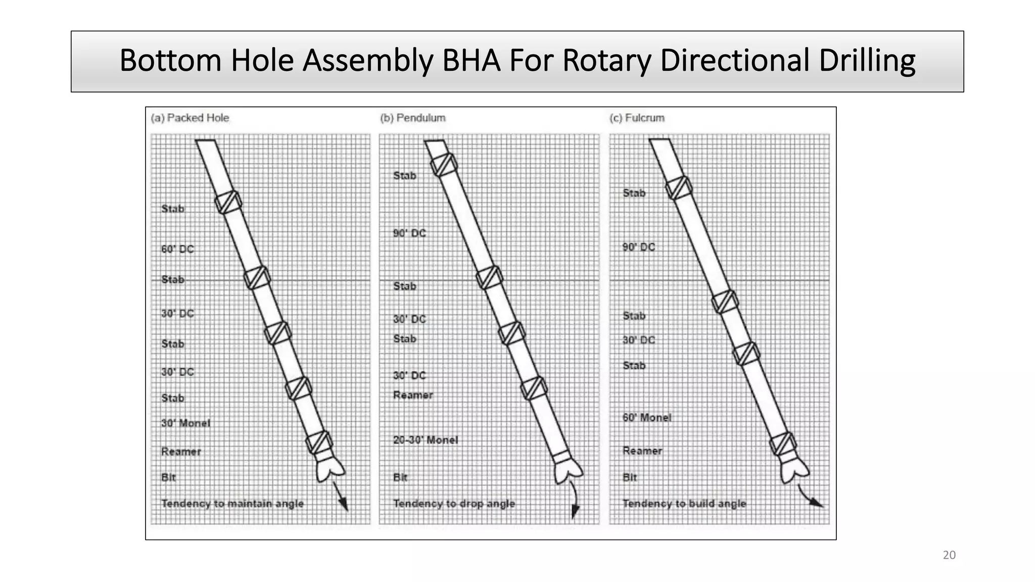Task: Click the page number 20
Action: click(949, 555)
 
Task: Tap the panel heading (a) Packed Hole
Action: click(190, 118)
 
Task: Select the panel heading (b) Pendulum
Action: click(413, 118)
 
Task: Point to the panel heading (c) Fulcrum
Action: click(637, 118)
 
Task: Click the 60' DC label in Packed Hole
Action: click(177, 249)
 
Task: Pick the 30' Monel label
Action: click(185, 423)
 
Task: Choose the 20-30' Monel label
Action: click(426, 440)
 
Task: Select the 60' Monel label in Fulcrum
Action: click(647, 418)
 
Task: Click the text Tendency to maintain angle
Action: click(232, 504)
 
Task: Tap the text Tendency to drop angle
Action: click(454, 504)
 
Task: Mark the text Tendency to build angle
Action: click(684, 504)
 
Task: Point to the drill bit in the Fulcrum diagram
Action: click(794, 470)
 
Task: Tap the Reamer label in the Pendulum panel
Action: click(413, 395)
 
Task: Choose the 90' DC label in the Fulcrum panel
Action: click(639, 247)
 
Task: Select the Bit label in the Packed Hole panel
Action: click(168, 477)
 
